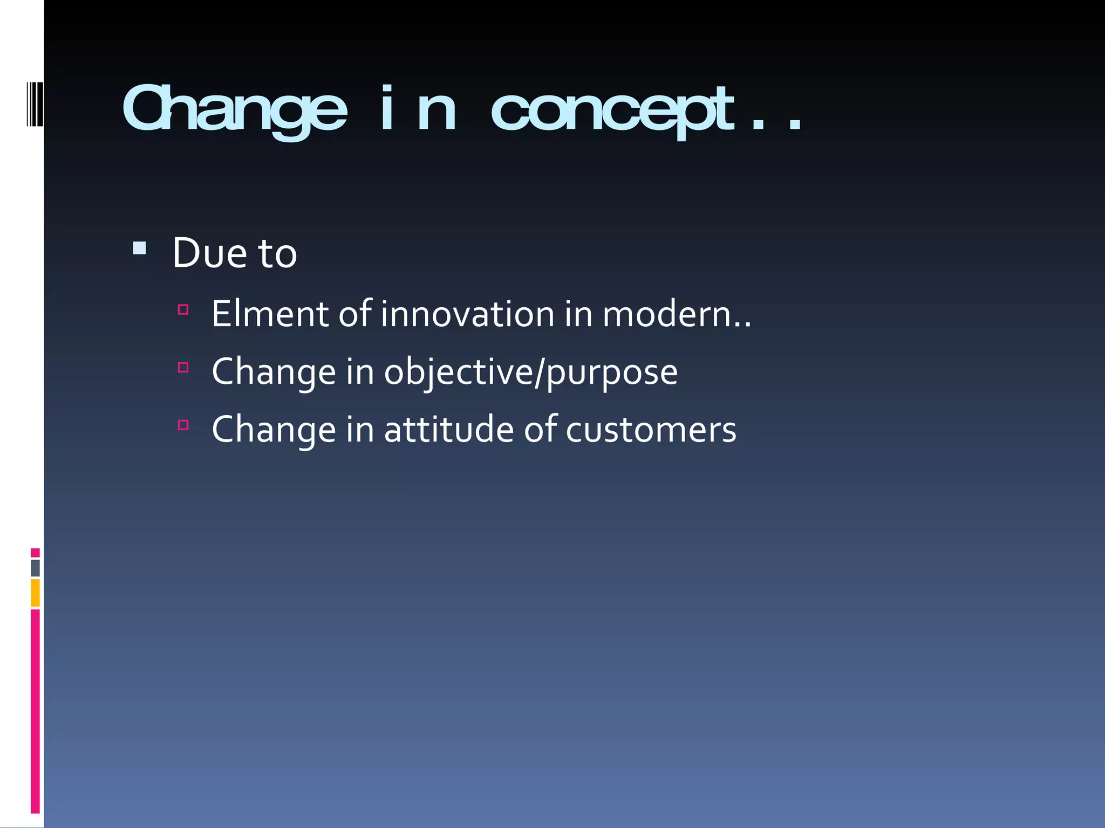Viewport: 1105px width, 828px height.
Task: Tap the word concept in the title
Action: coord(612,111)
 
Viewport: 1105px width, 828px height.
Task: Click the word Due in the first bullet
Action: coord(210,253)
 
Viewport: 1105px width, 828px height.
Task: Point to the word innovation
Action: coord(467,314)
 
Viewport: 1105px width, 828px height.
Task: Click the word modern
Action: coord(667,314)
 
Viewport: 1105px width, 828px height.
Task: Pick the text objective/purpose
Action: coord(530,372)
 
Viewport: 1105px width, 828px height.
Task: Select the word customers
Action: coord(651,430)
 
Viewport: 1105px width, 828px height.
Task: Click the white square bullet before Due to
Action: coord(139,248)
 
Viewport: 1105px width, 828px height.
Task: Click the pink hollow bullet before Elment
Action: coord(183,309)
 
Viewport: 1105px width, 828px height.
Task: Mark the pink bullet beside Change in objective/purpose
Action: coord(183,368)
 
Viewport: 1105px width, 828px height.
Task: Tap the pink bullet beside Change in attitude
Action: coord(183,425)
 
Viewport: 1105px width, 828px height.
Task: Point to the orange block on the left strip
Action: coord(35,592)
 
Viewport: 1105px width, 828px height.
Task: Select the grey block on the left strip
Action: coord(35,568)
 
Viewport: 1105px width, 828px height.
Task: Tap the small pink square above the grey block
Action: coord(35,553)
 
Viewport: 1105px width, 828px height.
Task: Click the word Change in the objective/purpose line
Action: coord(274,372)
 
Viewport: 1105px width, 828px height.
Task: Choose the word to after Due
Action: coord(278,253)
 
